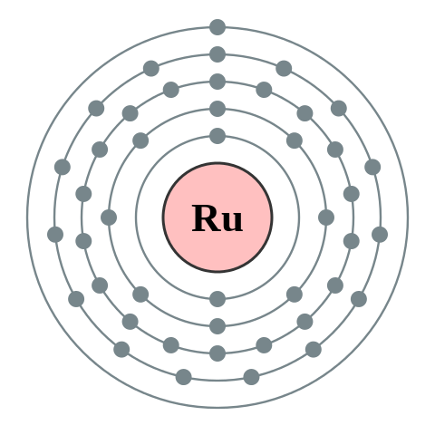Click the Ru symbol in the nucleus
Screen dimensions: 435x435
tap(217, 219)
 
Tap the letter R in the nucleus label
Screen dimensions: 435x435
tap(205, 219)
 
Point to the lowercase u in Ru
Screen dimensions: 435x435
tap(232, 222)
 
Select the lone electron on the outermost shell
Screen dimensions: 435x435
tap(217, 27)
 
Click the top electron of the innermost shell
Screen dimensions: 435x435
tap(217, 136)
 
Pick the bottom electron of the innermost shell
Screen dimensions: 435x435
tap(217, 299)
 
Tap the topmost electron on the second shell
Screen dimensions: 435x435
tap(217, 109)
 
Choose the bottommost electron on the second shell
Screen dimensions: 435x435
tap(217, 326)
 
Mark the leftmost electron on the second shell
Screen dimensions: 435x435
tap(109, 217)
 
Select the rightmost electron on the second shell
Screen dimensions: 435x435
tap(326, 217)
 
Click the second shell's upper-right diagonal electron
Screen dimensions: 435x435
tap(295, 140)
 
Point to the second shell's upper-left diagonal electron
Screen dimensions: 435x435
tap(140, 140)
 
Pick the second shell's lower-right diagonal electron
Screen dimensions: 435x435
tap(295, 295)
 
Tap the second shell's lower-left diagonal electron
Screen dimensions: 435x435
tap(140, 295)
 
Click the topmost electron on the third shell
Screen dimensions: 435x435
tap(217, 82)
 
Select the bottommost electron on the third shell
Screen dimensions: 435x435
tap(217, 353)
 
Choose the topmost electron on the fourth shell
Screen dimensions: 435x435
tap(217, 54)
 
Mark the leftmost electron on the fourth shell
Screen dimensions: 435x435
tap(55, 235)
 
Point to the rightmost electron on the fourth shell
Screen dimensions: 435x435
tap(380, 235)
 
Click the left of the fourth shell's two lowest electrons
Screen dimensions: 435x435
tap(184, 377)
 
